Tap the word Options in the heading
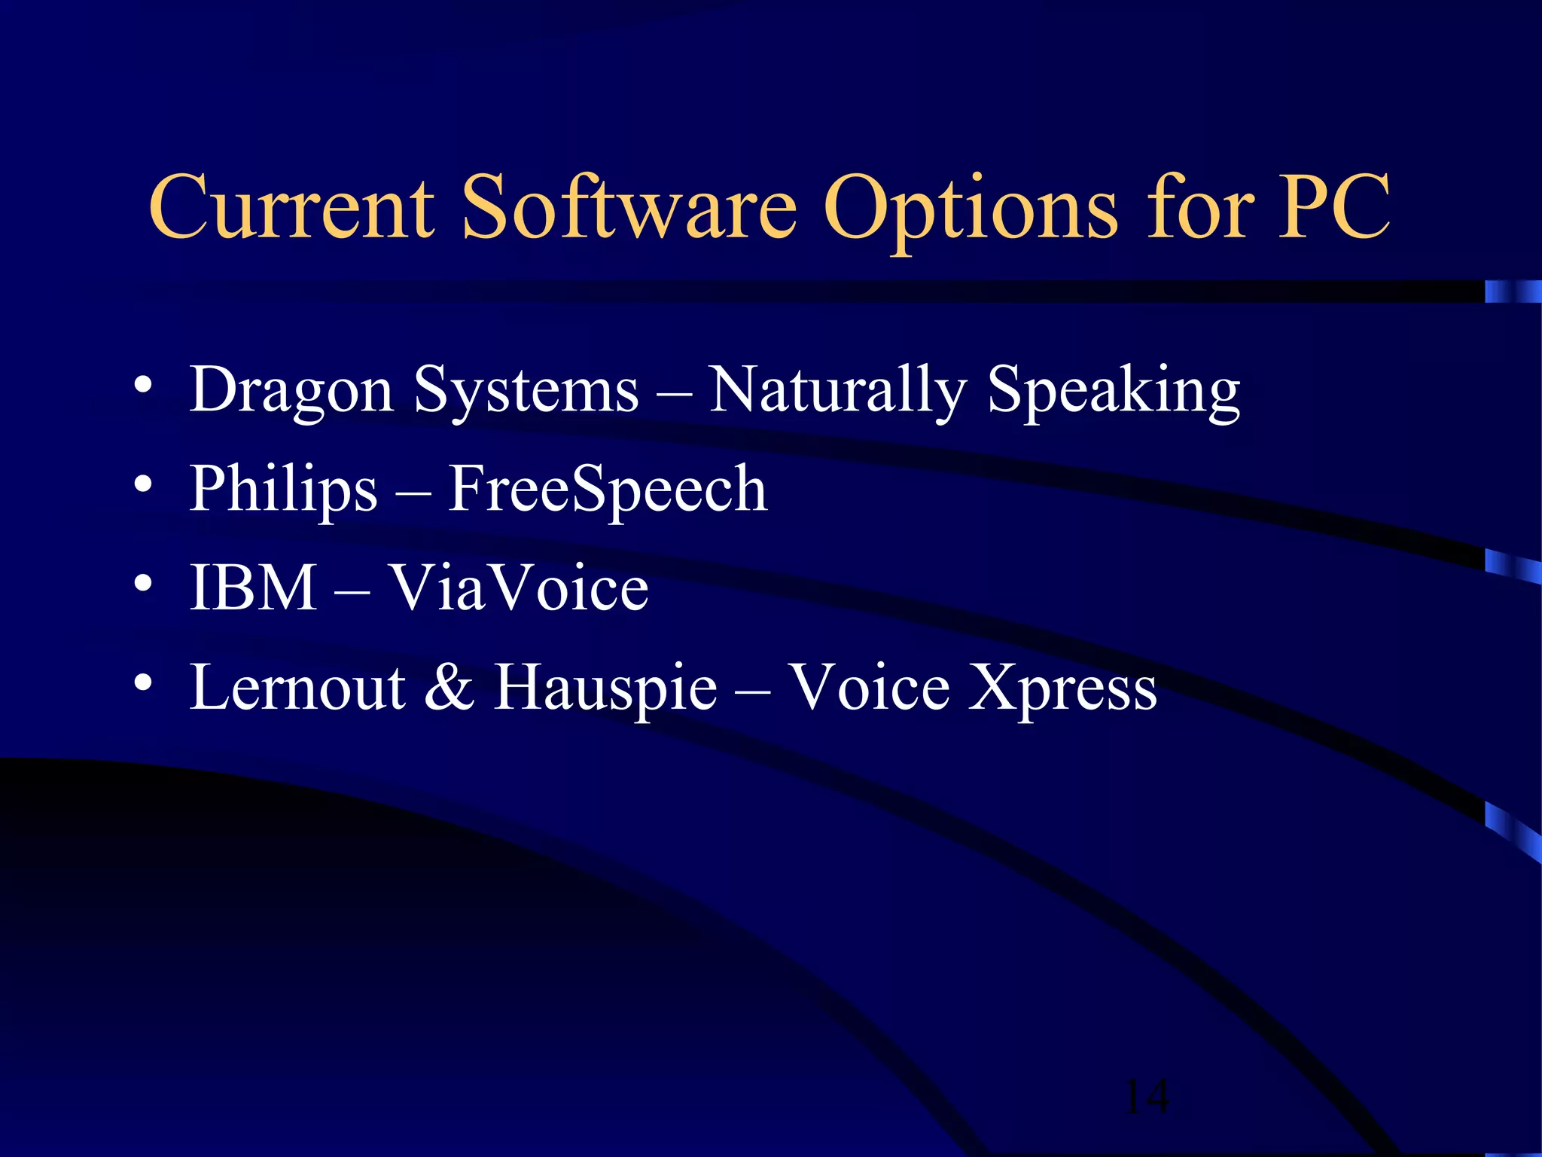coord(971,209)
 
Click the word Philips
coord(283,490)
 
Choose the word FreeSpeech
coord(608,490)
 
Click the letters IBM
coord(253,588)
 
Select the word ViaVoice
coord(518,588)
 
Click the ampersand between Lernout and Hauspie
coord(449,687)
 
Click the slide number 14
coord(1146,1097)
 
